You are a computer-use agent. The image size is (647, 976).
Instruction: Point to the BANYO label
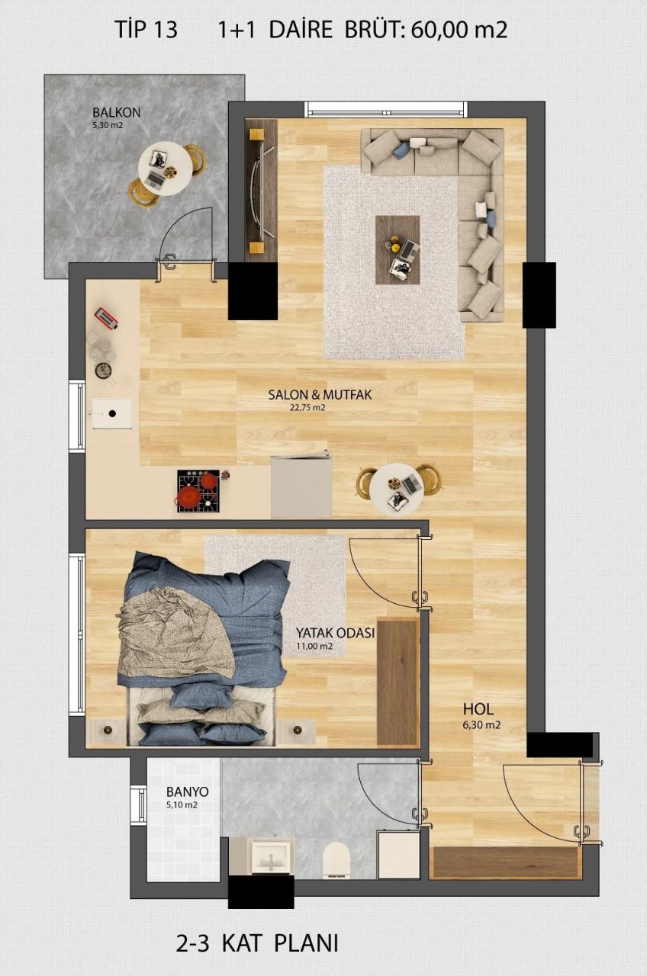pos(182,791)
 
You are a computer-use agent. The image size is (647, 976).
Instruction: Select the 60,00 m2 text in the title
pos(459,30)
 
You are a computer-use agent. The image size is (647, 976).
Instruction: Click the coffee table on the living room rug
pos(398,250)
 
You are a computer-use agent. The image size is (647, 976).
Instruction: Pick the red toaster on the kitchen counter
pos(105,319)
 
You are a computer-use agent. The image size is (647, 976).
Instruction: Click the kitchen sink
pos(111,414)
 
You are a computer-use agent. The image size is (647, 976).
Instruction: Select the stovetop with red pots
pos(198,490)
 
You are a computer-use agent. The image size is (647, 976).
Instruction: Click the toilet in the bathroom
pos(336,859)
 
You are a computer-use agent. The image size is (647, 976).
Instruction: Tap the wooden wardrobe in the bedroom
pos(398,682)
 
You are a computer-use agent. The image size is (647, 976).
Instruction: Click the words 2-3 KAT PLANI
pos(257,943)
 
